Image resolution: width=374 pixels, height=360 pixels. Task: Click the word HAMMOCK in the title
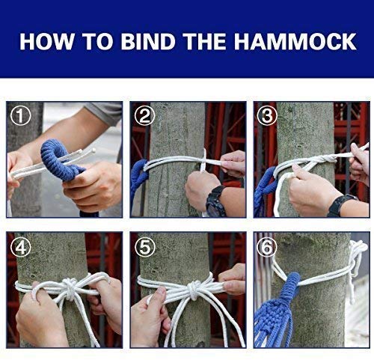[295, 41]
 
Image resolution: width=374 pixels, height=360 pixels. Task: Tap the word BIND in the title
[148, 41]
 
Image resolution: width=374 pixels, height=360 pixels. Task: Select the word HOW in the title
[47, 41]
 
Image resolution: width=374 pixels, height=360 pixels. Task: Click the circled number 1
[21, 115]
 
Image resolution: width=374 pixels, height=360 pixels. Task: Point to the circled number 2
[144, 115]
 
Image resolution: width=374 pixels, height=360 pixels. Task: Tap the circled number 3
[267, 115]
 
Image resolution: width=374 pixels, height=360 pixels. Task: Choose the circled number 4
[21, 247]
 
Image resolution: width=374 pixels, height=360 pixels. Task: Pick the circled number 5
[145, 247]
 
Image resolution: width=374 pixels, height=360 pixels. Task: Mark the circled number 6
[267, 247]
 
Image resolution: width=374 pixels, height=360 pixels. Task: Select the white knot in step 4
[70, 289]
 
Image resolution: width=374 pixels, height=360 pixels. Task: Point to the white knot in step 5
[194, 290]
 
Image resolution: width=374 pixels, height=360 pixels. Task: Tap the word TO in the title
[98, 41]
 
